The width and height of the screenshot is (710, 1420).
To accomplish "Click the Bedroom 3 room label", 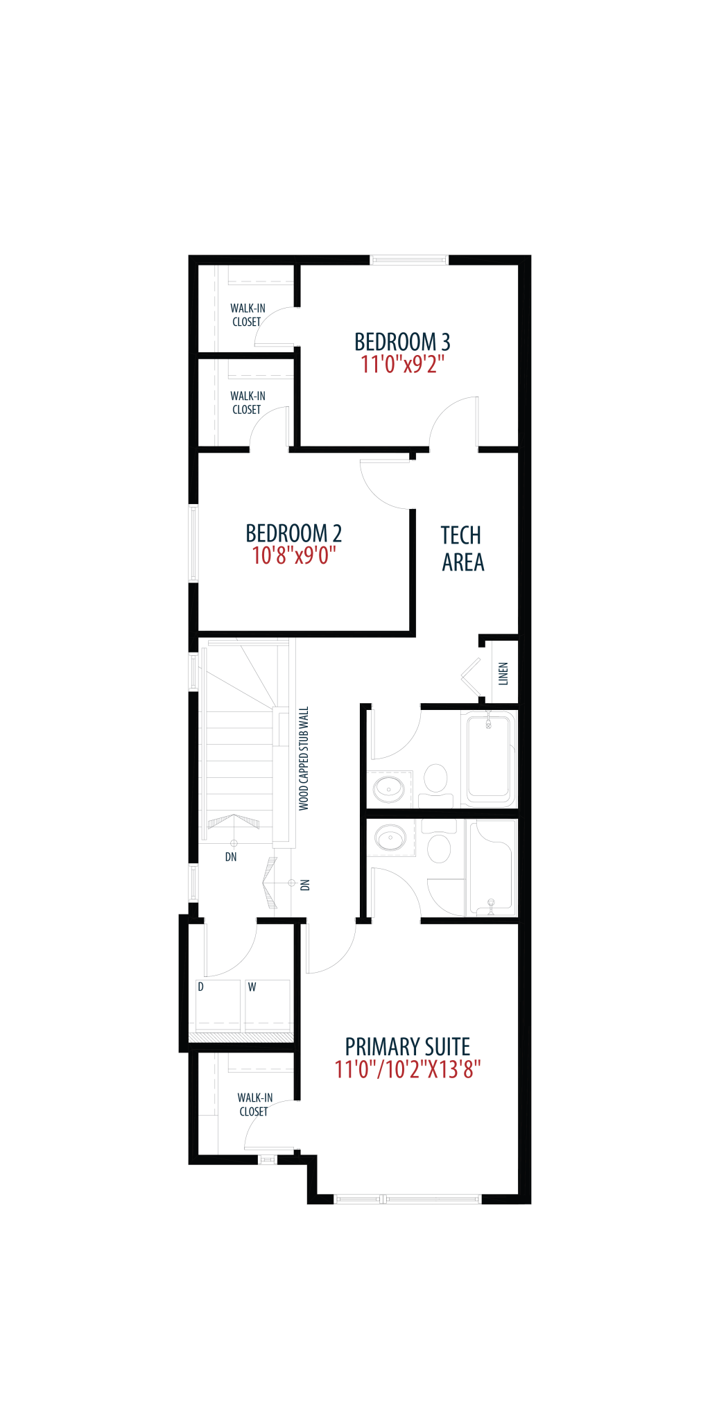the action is coord(402,342).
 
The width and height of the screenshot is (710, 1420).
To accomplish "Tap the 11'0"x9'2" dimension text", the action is coord(402,364).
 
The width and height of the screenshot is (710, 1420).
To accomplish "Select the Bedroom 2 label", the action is coord(293,533).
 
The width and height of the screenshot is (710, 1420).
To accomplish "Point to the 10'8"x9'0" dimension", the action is coord(293,555).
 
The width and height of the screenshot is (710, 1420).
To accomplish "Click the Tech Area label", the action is coord(462,548).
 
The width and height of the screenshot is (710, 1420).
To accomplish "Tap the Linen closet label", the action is coord(503,673).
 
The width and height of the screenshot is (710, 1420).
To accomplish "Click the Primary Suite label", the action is coord(408,1046).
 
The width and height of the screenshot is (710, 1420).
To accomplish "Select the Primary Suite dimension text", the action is coord(408,1069).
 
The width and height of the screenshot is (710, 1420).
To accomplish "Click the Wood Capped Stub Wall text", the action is coord(304,759).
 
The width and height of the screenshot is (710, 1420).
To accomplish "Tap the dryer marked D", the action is coord(218,1006).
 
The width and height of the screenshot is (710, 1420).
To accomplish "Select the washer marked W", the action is coord(268,1006).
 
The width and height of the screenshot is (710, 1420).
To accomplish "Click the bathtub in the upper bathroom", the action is coord(490,758).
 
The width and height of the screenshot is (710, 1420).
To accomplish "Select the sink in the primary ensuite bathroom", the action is coord(390,838).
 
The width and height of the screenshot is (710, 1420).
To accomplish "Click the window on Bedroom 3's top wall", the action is coord(409,260).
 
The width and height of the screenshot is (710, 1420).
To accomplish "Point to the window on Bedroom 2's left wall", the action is coord(194,544).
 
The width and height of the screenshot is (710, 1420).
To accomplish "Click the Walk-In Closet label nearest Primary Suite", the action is coord(254,1105).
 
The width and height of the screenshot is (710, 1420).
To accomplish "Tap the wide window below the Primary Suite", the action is coord(408,1199).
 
